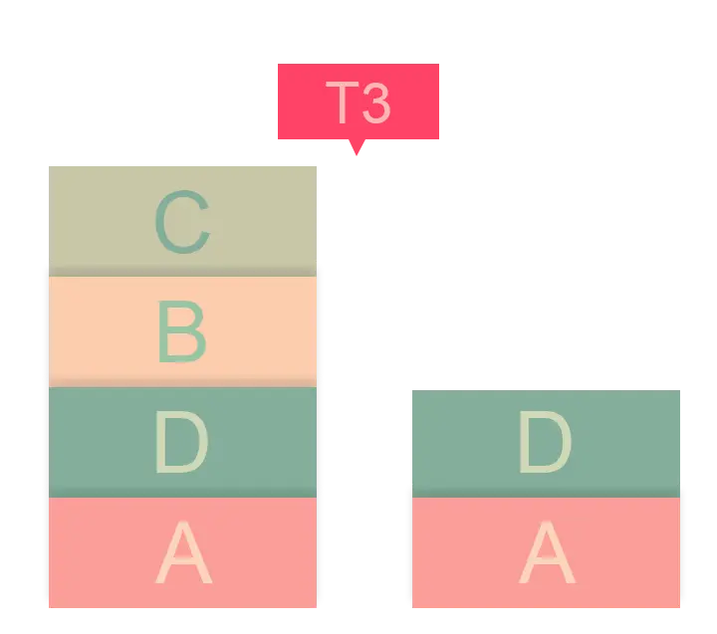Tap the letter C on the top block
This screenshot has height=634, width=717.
182,223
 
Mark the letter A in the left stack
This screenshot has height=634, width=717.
184,553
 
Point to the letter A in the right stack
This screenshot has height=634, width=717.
548,553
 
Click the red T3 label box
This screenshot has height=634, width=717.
299,104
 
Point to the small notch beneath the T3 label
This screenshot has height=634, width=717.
356,151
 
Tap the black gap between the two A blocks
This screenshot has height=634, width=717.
363,552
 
